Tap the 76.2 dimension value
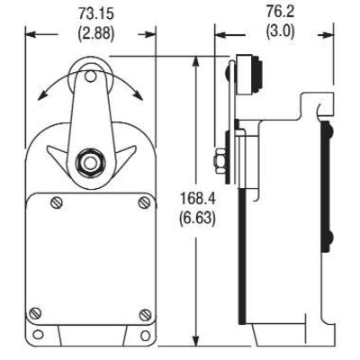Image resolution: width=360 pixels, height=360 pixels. [x=275, y=13]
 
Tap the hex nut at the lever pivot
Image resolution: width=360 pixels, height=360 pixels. [x=89, y=163]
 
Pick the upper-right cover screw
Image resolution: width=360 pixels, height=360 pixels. [x=143, y=203]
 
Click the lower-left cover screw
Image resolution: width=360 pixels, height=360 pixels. [x=35, y=313]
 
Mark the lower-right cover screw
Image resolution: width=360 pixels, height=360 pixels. [x=145, y=313]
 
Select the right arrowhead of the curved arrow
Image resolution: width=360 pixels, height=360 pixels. [x=137, y=96]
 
